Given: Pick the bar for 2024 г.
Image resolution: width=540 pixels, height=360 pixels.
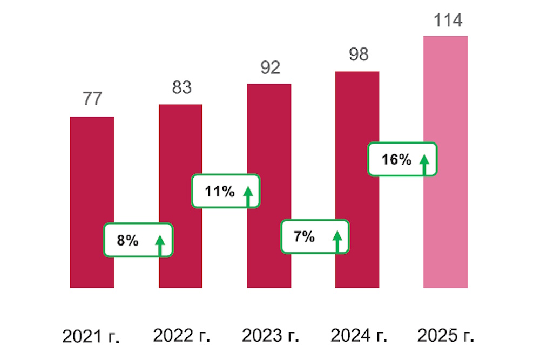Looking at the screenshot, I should (357, 140).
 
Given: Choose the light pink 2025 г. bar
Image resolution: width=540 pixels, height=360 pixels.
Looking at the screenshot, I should (446, 108).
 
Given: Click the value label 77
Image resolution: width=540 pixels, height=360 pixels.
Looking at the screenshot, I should (92, 99).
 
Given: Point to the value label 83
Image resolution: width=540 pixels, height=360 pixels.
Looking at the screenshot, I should (182, 87).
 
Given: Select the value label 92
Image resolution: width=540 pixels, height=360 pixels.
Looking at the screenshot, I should (270, 67).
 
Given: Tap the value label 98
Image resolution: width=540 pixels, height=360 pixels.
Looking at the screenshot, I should (358, 55).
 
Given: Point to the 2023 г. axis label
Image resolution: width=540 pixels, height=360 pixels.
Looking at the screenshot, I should (271, 335).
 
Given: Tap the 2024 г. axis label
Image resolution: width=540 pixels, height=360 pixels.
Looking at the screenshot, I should (359, 335).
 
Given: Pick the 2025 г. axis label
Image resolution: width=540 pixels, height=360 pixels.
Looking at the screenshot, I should (446, 335).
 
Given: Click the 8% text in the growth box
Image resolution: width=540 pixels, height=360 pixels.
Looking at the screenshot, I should (128, 241).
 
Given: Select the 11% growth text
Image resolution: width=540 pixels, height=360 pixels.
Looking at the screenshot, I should (219, 191).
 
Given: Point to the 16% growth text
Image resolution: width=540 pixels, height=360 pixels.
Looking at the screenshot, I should (396, 160).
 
